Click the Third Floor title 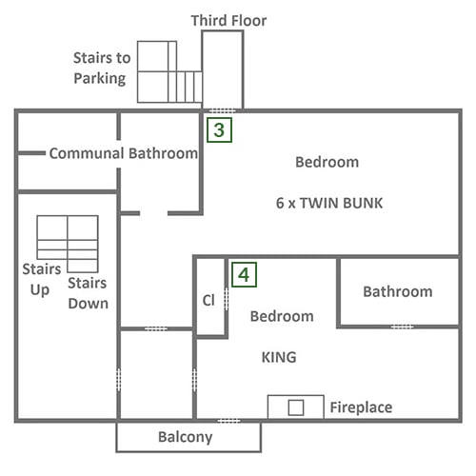point(228,21)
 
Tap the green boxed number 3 point(219,129)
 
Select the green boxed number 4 point(244,275)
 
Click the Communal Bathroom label point(124,153)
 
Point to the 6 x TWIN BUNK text point(329,203)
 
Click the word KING point(279,357)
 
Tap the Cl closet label point(208,300)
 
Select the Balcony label point(186,437)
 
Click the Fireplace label point(361,407)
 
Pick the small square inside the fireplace point(296,407)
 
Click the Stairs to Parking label point(102,68)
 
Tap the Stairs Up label point(41,279)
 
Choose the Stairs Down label point(88,293)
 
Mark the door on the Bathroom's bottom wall point(402,327)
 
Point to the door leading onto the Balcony point(228,421)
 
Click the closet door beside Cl point(227,299)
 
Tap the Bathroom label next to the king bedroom point(398,291)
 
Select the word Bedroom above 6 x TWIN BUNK point(327,162)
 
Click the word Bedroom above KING point(282,316)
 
